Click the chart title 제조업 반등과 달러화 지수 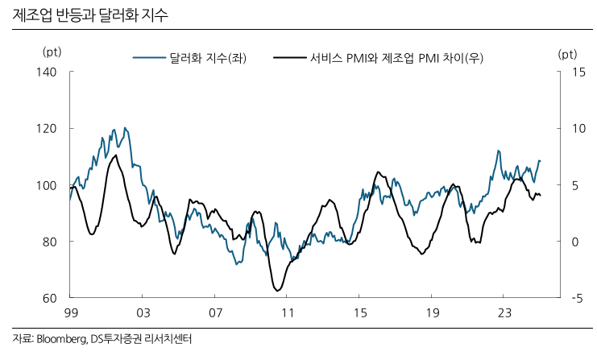pos(90,15)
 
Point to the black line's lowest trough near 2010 pos(276,290)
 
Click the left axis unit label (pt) pos(51,53)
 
